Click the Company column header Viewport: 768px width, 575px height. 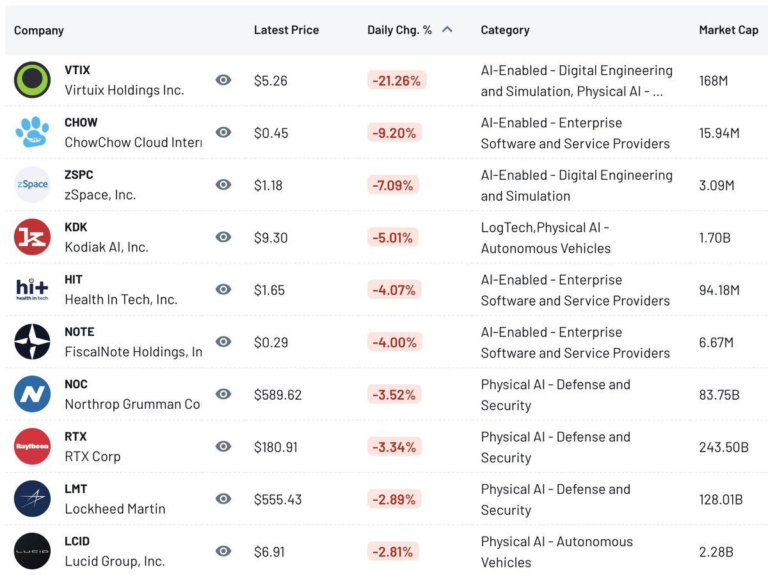39,30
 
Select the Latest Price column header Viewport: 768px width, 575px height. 286,30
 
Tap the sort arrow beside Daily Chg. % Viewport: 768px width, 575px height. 447,29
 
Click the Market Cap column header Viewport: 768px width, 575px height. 728,30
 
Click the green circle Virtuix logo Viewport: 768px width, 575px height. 32,80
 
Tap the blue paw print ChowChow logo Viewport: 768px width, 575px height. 32,132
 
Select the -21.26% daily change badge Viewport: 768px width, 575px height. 396,81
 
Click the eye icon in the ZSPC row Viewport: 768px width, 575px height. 223,185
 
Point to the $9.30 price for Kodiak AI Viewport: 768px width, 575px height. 271,238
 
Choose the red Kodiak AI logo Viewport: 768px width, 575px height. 32,237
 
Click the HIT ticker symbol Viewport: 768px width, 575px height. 74,280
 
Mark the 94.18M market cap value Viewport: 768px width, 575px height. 719,290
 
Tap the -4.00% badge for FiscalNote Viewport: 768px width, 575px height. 394,343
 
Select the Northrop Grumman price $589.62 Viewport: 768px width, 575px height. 278,395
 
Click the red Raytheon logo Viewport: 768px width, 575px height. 32,446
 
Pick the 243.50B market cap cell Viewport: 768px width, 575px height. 724,447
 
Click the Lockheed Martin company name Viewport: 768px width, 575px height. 115,509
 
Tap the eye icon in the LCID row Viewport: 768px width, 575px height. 223,551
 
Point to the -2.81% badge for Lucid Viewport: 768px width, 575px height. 394,552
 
